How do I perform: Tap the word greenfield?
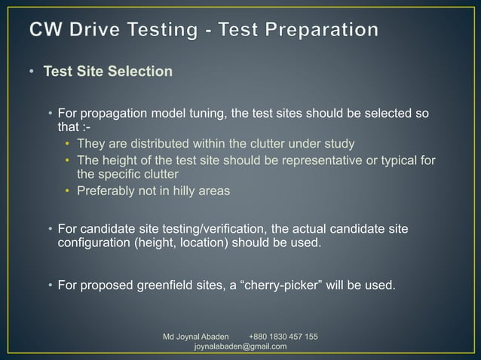[185, 285]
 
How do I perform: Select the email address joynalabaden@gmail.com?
[240, 346]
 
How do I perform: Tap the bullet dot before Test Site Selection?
[32, 72]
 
